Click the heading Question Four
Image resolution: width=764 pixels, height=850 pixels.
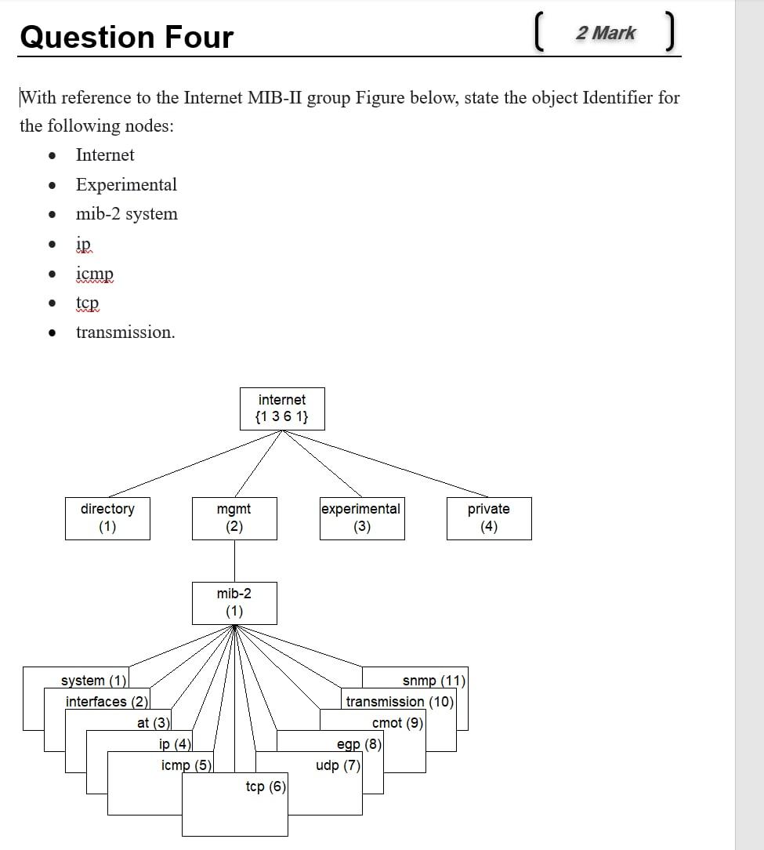point(126,37)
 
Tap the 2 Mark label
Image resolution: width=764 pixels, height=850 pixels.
point(605,33)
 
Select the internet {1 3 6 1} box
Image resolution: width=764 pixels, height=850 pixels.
point(281,409)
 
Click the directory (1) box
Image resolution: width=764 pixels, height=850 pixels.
point(107,518)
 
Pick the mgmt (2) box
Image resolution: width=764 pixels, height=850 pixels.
point(234,518)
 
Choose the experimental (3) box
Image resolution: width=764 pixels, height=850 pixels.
point(361,518)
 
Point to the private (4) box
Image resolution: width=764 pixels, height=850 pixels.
point(489,518)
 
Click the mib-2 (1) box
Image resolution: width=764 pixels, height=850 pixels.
point(234,602)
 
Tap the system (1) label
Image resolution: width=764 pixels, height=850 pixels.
point(93,681)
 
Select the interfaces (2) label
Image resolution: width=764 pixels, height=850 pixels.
point(107,701)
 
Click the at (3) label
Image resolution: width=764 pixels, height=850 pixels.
point(153,723)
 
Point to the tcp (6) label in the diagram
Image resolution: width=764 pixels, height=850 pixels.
point(266,786)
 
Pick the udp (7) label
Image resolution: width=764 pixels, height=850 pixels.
point(338,765)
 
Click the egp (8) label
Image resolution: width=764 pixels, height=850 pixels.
point(359,743)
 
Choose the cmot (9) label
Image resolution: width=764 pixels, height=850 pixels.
point(397,723)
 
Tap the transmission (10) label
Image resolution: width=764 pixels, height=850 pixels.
point(400,701)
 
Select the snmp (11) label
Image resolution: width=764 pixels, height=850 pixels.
point(433,681)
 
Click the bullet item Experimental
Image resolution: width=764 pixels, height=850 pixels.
point(126,184)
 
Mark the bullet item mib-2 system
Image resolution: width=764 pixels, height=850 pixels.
point(126,214)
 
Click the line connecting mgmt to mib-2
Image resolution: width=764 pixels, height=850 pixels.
point(234,560)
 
